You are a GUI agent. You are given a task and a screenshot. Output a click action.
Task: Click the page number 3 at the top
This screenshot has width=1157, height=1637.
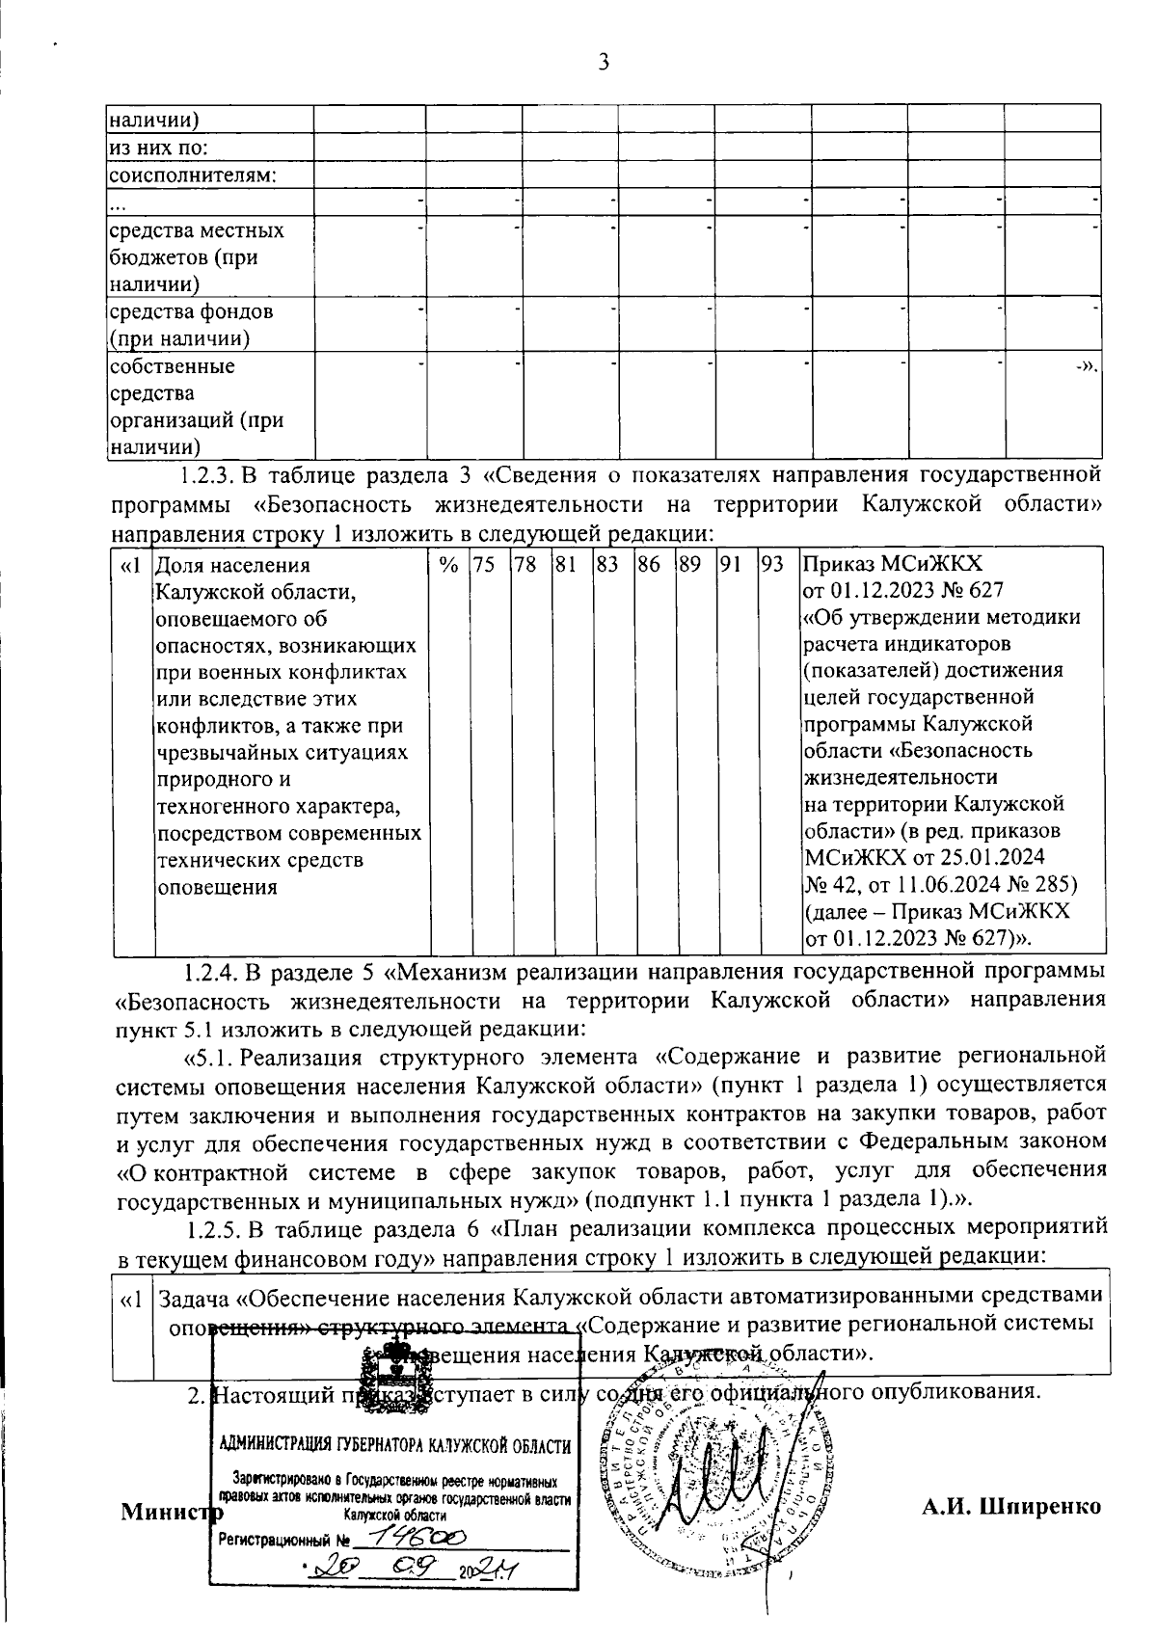tap(604, 63)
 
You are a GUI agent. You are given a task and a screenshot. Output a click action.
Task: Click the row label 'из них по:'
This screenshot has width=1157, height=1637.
tap(158, 148)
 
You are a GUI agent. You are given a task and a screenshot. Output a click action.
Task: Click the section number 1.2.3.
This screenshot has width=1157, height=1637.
tap(207, 476)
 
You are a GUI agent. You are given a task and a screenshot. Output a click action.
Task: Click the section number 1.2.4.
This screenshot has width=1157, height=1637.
tap(208, 969)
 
